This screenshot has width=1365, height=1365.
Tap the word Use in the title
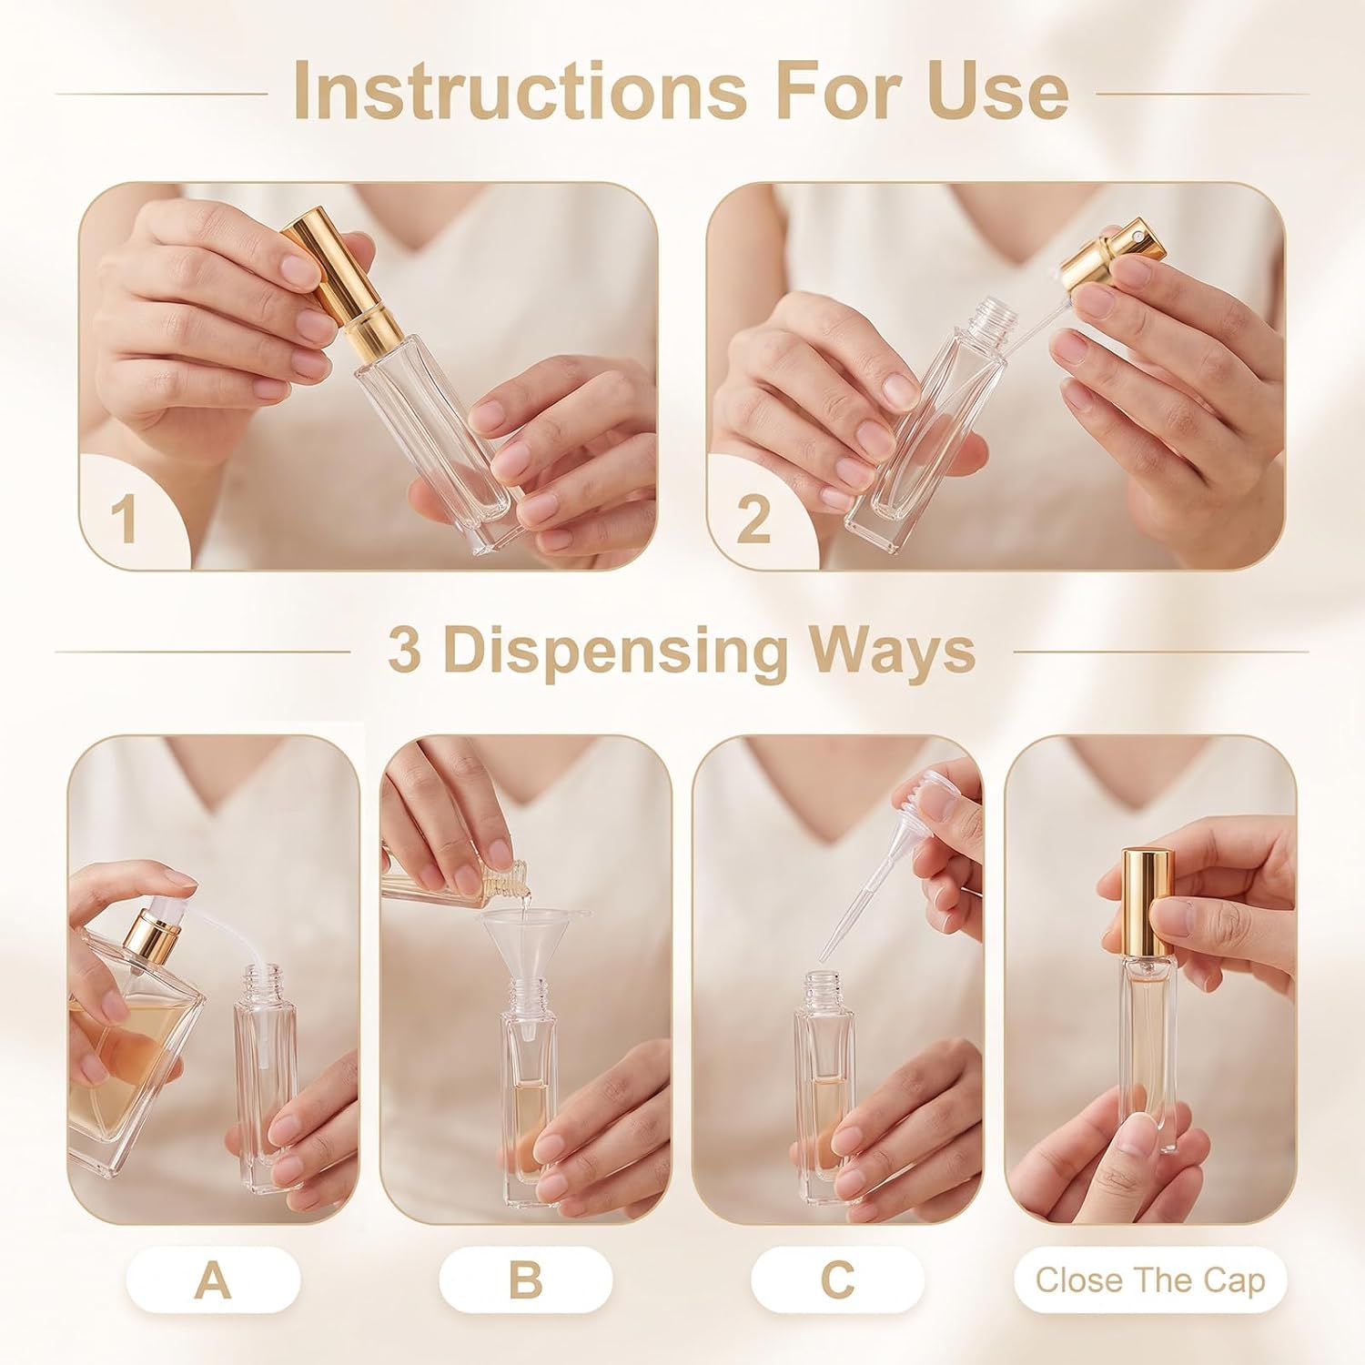(998, 91)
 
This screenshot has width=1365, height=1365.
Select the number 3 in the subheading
(405, 651)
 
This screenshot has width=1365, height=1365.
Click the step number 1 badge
(125, 519)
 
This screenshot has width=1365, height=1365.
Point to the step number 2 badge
(753, 519)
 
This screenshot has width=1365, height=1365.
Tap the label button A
(213, 1280)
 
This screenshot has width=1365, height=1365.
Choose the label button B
(525, 1280)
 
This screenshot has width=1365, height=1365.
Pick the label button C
(837, 1280)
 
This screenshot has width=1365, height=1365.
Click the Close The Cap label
(1150, 1280)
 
